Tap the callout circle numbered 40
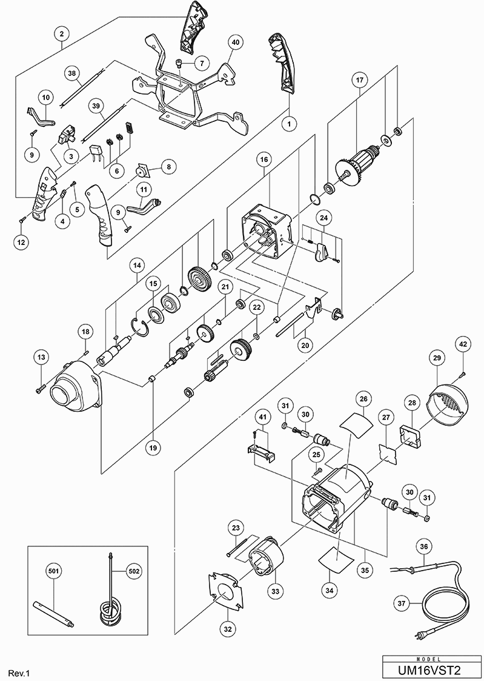point(236,42)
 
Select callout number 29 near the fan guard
point(436,359)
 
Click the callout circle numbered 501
point(53,570)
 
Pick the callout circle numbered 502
point(134,570)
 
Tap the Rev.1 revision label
point(18,673)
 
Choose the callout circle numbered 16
point(265,160)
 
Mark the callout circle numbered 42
point(463,344)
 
